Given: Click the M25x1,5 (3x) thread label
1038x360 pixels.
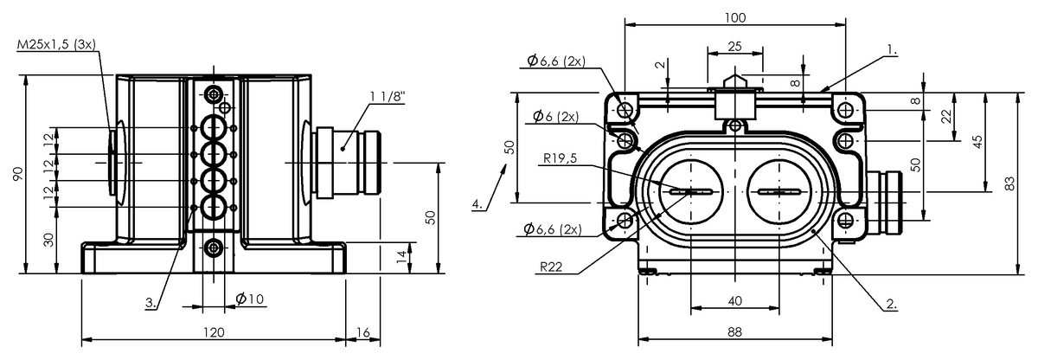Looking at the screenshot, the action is [x=56, y=44].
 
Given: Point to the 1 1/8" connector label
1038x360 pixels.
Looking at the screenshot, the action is [x=388, y=97].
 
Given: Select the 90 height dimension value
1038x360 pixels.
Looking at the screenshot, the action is [x=17, y=174].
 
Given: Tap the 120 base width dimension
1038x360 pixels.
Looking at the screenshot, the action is [x=214, y=332].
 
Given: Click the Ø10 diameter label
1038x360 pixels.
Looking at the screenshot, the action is [x=249, y=299].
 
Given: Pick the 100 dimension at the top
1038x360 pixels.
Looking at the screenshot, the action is [x=735, y=18].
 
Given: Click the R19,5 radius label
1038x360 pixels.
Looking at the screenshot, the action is [x=560, y=158].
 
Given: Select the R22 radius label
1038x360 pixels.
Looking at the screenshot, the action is [x=551, y=267].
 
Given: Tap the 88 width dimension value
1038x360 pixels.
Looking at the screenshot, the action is [x=735, y=331].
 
